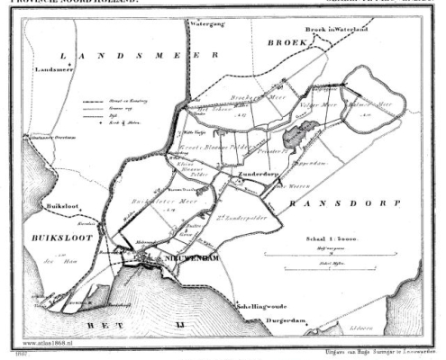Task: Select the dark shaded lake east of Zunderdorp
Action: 295,137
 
